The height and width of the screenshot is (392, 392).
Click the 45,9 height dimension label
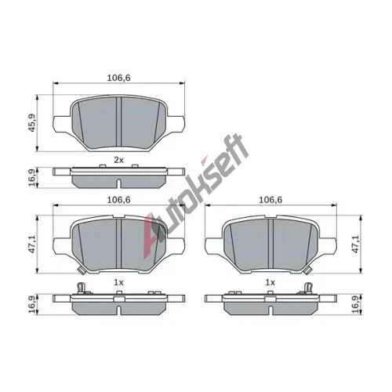33,123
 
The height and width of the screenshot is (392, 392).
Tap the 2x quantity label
118,160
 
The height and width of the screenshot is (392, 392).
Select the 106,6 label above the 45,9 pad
118,78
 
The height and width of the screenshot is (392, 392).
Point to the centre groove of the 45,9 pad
118,122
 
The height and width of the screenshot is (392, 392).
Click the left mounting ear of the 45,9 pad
62,124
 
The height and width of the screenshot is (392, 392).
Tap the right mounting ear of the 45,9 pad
176,124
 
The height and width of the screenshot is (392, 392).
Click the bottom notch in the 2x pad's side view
119,183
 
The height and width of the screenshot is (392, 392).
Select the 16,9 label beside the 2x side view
33,178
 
